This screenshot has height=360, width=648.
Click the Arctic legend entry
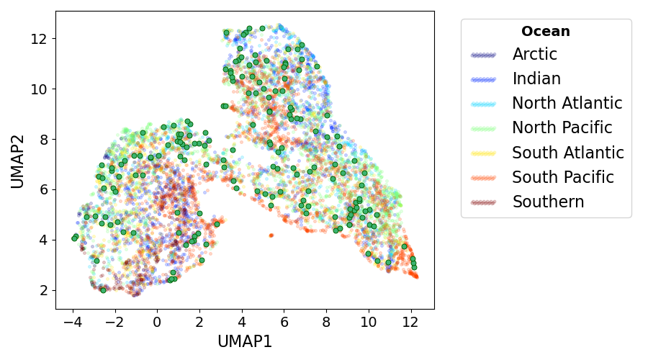coord(534,55)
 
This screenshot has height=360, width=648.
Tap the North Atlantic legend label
coord(567,104)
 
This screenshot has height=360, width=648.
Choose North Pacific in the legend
coord(562,128)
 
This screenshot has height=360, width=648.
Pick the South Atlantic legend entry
coord(567,153)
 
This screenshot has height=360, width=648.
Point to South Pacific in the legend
coord(562,177)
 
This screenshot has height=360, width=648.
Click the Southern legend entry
coord(548,202)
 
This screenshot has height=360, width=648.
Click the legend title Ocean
coord(546,32)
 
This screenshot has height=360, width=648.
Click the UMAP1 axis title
coord(245,342)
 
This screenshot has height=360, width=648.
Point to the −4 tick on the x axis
coord(72,321)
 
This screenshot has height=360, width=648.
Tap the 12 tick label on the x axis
coord(411,321)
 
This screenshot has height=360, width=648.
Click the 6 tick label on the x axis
coord(284,321)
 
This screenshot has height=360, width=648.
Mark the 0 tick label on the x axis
coord(157,321)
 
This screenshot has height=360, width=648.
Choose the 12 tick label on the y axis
coord(39,38)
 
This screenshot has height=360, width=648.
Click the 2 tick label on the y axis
coord(43,290)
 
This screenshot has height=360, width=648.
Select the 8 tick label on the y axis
coord(43,139)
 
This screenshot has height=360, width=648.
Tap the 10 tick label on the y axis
coord(39,89)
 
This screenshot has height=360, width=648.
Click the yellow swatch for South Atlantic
coord(483,153)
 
